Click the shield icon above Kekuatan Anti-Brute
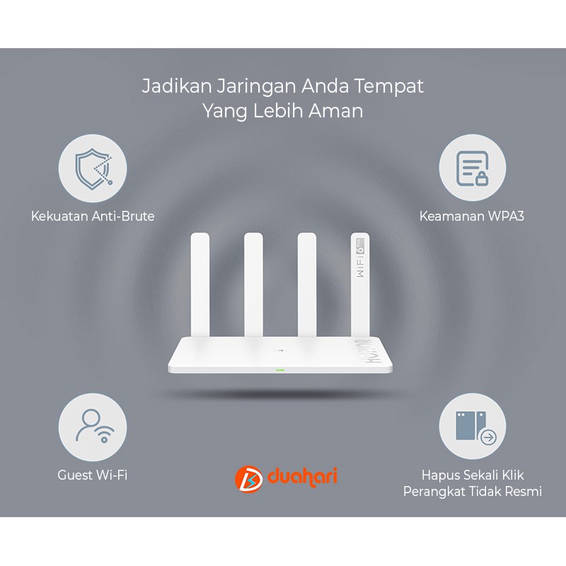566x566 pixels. (93, 168)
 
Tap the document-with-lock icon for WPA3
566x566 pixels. (472, 168)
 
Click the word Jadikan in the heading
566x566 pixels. (176, 86)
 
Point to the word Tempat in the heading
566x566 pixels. (388, 87)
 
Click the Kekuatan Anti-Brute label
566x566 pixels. (93, 216)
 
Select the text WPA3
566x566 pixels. (506, 216)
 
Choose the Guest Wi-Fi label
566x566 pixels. (93, 475)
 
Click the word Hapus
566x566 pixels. (437, 475)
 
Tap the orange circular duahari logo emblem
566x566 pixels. (248, 479)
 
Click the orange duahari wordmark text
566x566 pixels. (303, 477)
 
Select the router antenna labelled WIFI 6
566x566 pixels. (360, 285)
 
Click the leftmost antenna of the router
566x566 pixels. (200, 285)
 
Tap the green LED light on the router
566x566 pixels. (280, 370)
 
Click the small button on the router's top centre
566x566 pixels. (280, 350)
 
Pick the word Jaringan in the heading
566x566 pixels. (256, 87)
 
